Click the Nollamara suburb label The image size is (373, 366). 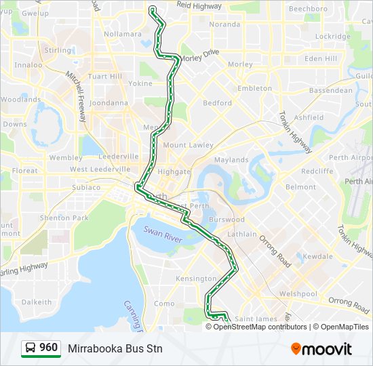pyautogui.click(x=123, y=34)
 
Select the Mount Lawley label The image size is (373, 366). pyautogui.click(x=188, y=145)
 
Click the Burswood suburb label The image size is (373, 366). pyautogui.click(x=227, y=220)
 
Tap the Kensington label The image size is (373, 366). pyautogui.click(x=195, y=279)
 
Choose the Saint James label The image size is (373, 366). pyautogui.click(x=256, y=319)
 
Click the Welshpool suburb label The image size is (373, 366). pyautogui.click(x=298, y=294)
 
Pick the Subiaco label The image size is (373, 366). pyautogui.click(x=86, y=187)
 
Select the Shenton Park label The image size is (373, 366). pyautogui.click(x=64, y=218)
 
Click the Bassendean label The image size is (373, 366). pyautogui.click(x=330, y=90)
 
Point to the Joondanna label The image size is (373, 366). pyautogui.click(x=109, y=103)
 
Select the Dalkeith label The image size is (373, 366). pyautogui.click(x=36, y=302)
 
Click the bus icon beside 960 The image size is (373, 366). pyautogui.click(x=30, y=348)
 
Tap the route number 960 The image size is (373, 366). pyautogui.click(x=49, y=348)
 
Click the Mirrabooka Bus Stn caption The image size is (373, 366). pyautogui.click(x=115, y=348)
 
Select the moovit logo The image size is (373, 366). pyautogui.click(x=321, y=348)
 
